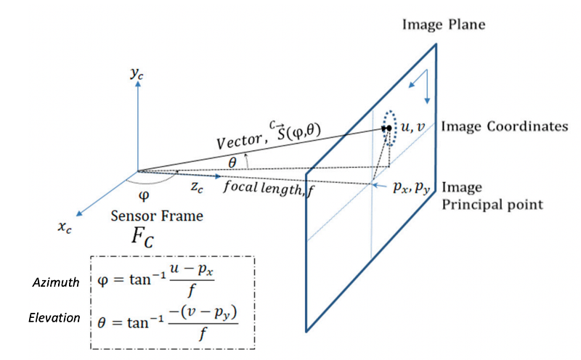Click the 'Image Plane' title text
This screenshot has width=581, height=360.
[x=443, y=25]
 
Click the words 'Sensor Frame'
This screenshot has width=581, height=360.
[x=147, y=216]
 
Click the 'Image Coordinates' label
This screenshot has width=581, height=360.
[x=505, y=126]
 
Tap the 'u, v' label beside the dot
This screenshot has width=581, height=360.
[x=413, y=127]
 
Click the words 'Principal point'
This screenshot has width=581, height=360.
[x=493, y=204]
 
